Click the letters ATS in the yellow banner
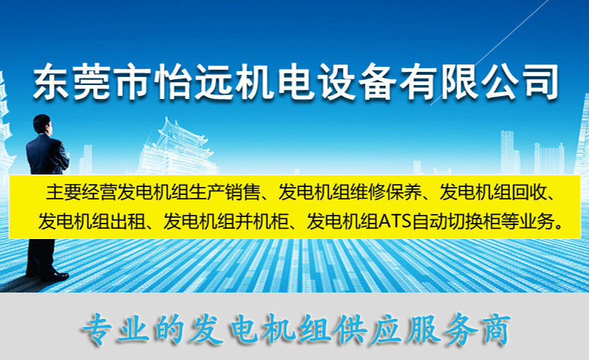coord(394,221)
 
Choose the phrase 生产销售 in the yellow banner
coord(224,193)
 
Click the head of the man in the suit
coord(41,124)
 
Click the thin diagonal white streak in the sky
coord(489,54)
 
